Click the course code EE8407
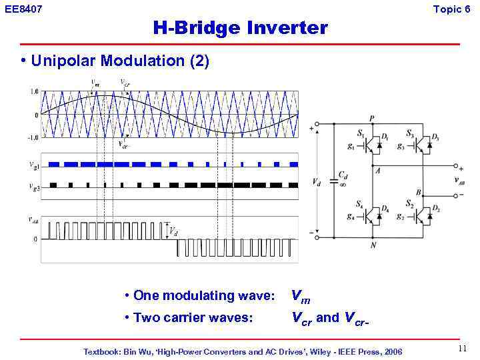click(x=23, y=9)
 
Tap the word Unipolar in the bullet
click(x=65, y=61)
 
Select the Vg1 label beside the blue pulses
click(x=34, y=164)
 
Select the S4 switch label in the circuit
click(x=360, y=203)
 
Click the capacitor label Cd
click(x=342, y=175)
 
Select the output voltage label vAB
click(x=460, y=180)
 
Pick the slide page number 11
click(x=463, y=349)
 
